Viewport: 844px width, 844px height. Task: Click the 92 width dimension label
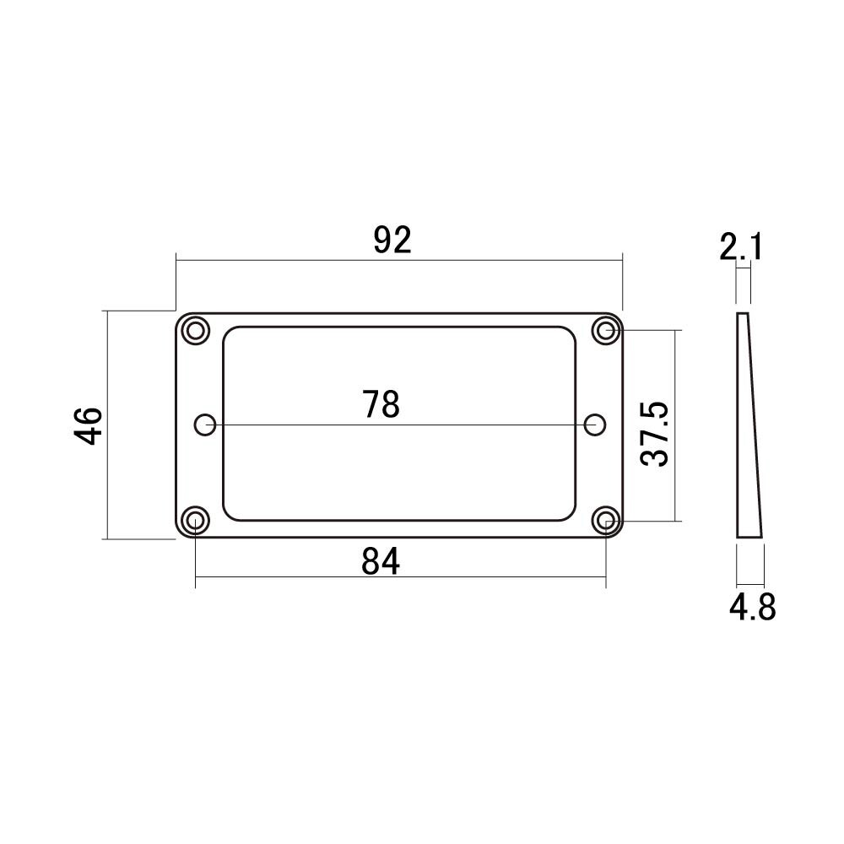click(392, 240)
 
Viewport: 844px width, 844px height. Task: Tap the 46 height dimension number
click(88, 425)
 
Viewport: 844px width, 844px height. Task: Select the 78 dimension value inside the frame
click(381, 404)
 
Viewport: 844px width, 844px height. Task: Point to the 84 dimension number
click(381, 561)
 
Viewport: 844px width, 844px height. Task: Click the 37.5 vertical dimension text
click(655, 434)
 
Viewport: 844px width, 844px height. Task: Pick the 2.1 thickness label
click(741, 247)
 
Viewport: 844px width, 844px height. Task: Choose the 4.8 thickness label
click(753, 607)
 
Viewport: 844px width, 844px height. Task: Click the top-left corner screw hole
click(196, 331)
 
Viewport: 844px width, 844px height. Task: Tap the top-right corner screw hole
click(605, 331)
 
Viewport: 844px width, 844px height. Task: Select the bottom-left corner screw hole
click(196, 520)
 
